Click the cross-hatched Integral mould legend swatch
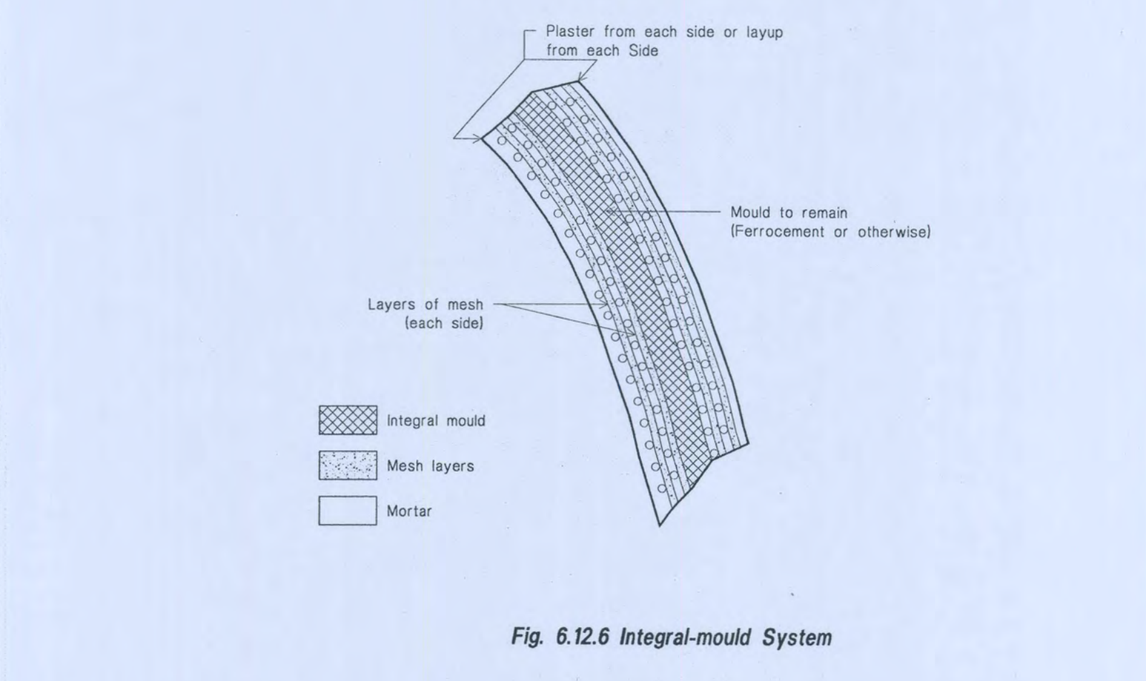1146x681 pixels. point(348,420)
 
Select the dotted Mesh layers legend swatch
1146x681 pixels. point(348,465)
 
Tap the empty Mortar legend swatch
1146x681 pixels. point(348,510)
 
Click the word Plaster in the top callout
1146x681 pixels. point(570,32)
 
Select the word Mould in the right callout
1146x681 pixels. point(750,212)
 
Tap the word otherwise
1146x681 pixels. point(894,232)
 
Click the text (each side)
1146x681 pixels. point(444,323)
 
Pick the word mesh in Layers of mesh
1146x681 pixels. point(465,305)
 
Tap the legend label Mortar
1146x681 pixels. point(409,511)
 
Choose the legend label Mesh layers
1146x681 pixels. point(430,467)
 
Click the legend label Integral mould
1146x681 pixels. point(436,421)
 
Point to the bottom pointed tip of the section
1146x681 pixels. point(660,526)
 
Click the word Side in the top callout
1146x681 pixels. point(644,51)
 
